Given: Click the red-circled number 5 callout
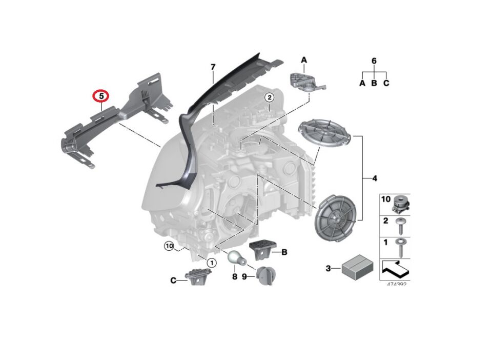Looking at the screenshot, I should (x=101, y=96).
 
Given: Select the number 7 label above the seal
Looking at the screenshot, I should (x=213, y=67).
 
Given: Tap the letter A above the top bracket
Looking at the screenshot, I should (x=303, y=61).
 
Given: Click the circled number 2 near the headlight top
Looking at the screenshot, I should (x=269, y=97).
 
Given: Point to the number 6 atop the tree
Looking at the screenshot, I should (x=374, y=61).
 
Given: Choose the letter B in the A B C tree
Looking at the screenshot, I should (x=374, y=83).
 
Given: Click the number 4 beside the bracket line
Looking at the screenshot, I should (x=374, y=178).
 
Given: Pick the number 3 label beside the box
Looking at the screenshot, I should (x=329, y=268).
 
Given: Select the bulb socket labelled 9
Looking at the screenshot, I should (x=265, y=275).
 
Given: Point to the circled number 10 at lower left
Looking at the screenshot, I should (x=169, y=246).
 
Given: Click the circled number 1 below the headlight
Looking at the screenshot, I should (x=210, y=262).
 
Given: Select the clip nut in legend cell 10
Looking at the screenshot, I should (x=400, y=204).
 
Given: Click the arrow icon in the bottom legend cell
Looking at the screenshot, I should (x=395, y=268).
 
